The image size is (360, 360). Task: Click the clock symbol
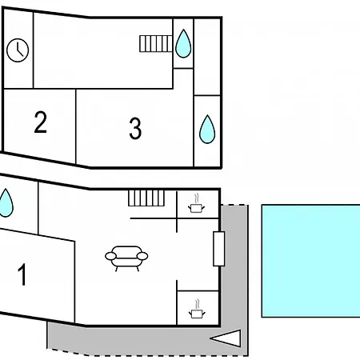(x=18, y=50)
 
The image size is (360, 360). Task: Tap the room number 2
(x=41, y=122)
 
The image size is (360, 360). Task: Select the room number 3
(x=135, y=129)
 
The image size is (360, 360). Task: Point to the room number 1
(x=22, y=274)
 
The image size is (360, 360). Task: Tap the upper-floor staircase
(x=156, y=44)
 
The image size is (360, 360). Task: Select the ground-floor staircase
(x=146, y=198)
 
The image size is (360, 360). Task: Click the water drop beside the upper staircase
(x=183, y=43)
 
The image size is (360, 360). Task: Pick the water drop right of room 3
(x=207, y=129)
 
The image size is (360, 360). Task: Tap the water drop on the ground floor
(x=6, y=202)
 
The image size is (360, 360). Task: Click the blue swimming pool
(x=311, y=261)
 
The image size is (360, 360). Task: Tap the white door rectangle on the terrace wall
(x=219, y=249)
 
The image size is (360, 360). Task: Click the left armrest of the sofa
(x=110, y=256)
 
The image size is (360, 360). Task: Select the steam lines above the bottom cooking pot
(x=198, y=304)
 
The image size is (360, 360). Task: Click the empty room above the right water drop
(x=207, y=57)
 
